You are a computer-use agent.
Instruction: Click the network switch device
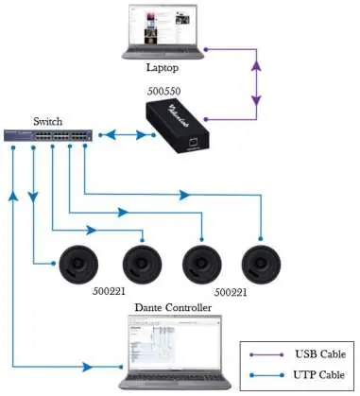tap(48, 135)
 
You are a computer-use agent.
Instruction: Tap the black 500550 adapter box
tap(178, 126)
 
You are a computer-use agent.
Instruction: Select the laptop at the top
tap(163, 31)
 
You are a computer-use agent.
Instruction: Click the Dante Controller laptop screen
tap(175, 342)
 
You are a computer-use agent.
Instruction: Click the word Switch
tap(48, 121)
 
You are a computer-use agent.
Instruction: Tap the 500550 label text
tap(164, 92)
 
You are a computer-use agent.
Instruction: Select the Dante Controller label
tap(173, 307)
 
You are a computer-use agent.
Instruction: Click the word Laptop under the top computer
tap(163, 67)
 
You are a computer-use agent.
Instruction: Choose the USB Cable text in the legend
tap(320, 354)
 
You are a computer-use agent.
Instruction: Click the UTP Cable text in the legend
tap(319, 375)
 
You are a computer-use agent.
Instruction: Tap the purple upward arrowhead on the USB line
tap(257, 66)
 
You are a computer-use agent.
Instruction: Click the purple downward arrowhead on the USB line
tap(257, 100)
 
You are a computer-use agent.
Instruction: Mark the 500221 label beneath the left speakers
tap(109, 291)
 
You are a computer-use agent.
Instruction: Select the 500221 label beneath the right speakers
tap(231, 293)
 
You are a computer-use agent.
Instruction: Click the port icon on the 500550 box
tap(193, 142)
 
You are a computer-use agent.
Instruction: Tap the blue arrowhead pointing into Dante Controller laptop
tap(88, 367)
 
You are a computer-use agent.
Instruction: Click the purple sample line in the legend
tap(267, 354)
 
